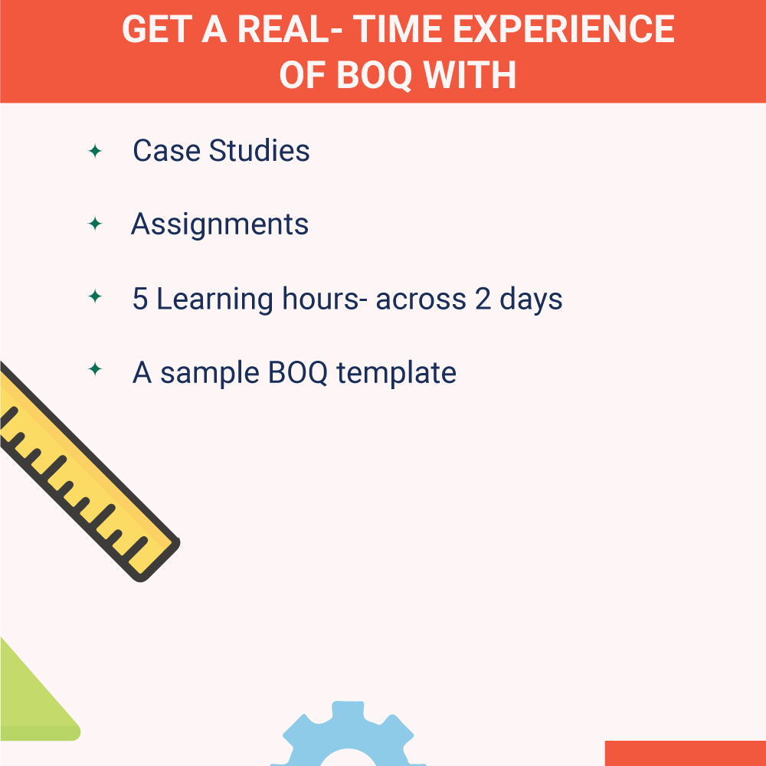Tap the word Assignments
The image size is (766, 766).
(x=220, y=224)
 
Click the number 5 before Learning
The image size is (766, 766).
(x=140, y=299)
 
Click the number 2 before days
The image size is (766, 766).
(x=483, y=299)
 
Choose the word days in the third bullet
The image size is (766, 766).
(x=531, y=299)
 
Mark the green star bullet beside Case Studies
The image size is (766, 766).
(x=95, y=151)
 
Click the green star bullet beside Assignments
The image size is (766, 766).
(x=95, y=224)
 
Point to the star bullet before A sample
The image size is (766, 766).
(x=95, y=370)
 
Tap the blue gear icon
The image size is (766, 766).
(x=349, y=735)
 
